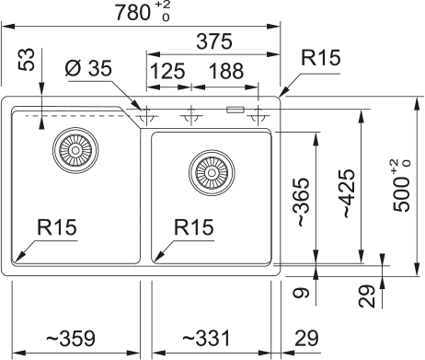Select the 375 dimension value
[212, 42]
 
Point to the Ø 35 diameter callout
[87, 69]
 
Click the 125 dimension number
[167, 72]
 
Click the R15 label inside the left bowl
[57, 226]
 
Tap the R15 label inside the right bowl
[193, 226]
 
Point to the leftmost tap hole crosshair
[145, 116]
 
